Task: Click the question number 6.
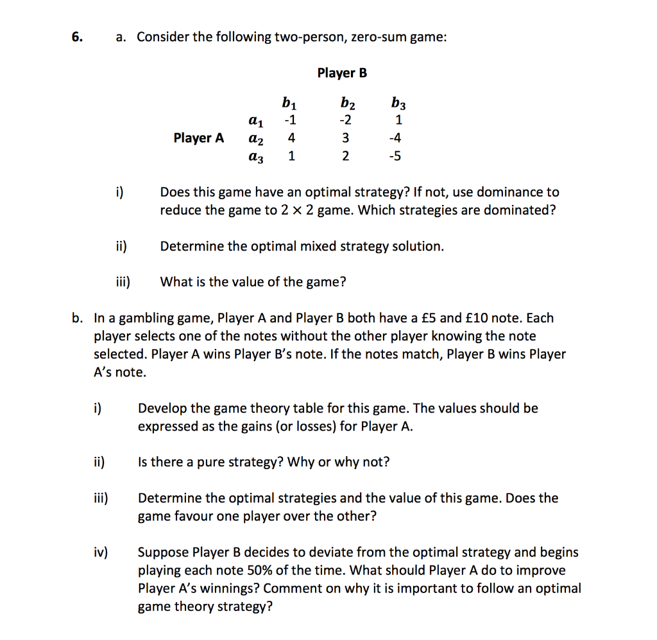pos(76,37)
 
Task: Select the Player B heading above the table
pos(342,73)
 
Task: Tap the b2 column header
pos(347,102)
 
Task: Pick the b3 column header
pos(398,102)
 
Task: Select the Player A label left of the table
pos(199,138)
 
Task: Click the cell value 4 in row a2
pos(291,138)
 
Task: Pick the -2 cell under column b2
pos(346,120)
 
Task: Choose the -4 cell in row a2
pos(398,138)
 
